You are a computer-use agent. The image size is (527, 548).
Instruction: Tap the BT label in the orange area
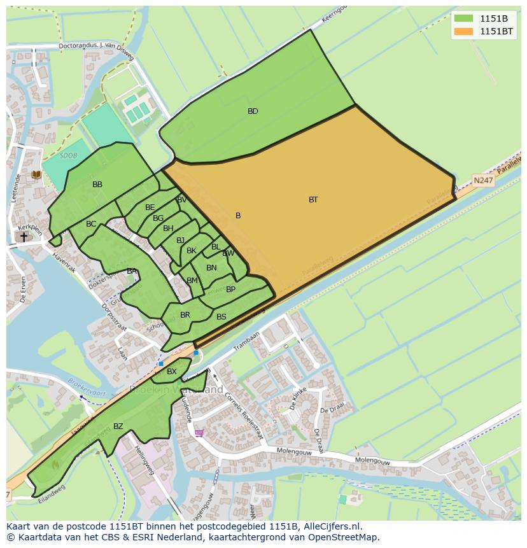(313, 200)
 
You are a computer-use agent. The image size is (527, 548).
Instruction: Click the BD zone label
(253, 111)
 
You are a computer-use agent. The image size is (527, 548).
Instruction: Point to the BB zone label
(97, 185)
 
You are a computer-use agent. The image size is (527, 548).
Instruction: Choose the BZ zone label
(118, 426)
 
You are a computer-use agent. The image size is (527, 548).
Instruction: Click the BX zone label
(172, 372)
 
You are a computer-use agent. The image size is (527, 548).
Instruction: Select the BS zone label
(221, 317)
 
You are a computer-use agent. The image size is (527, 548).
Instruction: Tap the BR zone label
(185, 315)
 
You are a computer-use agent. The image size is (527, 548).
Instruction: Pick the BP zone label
(230, 290)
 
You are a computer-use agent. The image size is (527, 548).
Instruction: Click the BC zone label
(91, 224)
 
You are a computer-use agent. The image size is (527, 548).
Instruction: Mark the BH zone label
(168, 228)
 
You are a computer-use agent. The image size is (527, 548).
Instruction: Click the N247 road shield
(483, 180)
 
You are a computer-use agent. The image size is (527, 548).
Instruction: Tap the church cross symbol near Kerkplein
(24, 237)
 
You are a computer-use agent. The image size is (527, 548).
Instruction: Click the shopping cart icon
(199, 433)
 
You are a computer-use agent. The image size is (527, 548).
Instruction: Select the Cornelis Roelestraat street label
(243, 414)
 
